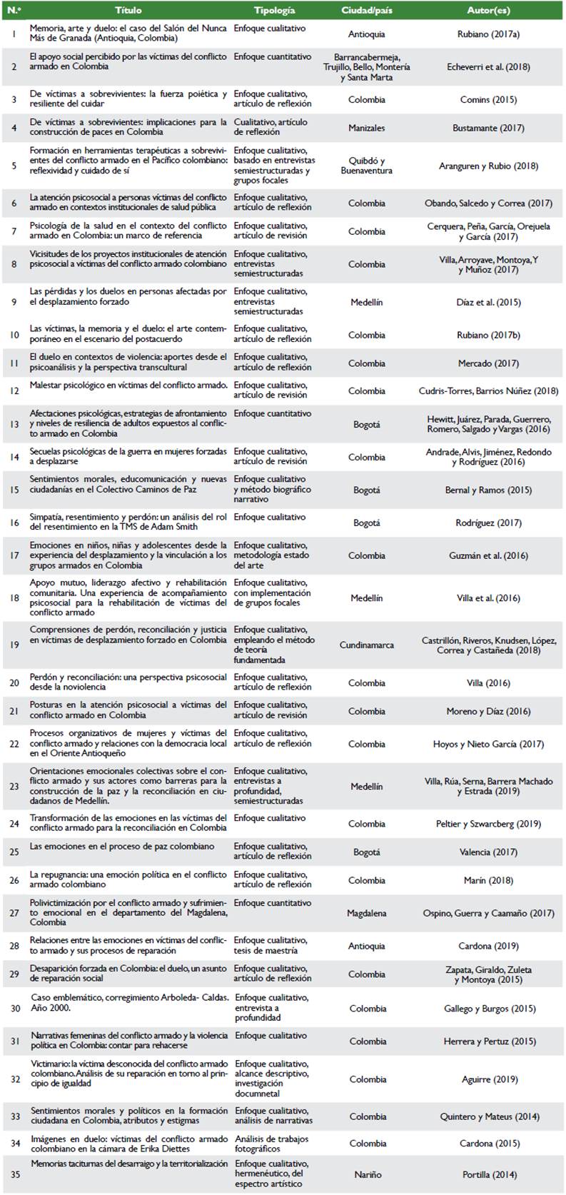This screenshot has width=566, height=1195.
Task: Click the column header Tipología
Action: click(274, 11)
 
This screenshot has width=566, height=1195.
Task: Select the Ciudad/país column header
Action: click(367, 11)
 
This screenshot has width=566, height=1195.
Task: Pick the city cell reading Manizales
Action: click(367, 128)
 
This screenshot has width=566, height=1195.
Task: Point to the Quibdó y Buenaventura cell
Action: click(367, 166)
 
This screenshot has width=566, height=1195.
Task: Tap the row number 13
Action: click(14, 424)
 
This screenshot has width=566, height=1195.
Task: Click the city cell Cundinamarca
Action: click(367, 645)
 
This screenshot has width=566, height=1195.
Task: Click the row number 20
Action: click(14, 682)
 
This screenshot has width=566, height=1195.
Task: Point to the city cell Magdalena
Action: click(367, 913)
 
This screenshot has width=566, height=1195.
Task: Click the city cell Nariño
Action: click(367, 1174)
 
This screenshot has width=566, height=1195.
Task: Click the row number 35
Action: click(14, 1174)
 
